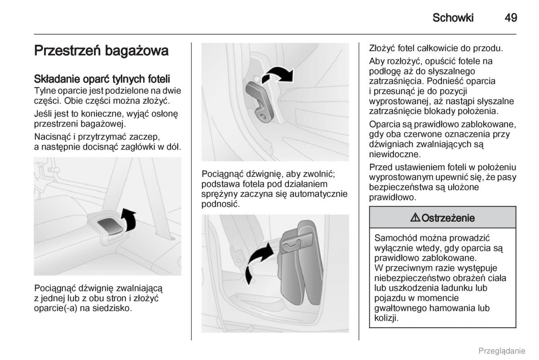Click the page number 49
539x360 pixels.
coord(511,18)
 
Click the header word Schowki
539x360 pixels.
coord(453,18)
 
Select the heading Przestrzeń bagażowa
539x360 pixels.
coord(101,51)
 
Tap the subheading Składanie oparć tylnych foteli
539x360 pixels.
coord(102,79)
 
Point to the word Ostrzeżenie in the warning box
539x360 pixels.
coord(446,218)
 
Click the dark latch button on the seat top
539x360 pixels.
coord(110,226)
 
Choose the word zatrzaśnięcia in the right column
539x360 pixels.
coord(397,81)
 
